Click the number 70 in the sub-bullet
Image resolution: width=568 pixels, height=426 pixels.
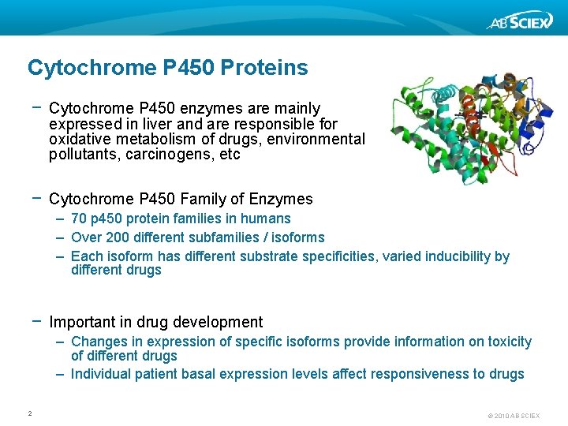tap(79, 219)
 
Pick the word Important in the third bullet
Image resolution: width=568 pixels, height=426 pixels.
tap(80, 322)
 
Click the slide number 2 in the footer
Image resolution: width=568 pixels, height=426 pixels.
tap(29, 413)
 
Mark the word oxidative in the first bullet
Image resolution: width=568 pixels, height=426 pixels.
tap(77, 140)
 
